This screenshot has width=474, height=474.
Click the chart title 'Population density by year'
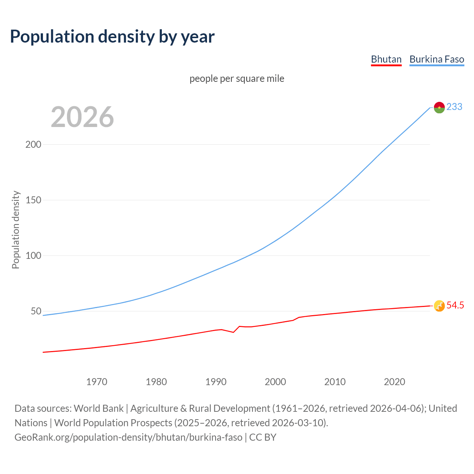[x=112, y=37]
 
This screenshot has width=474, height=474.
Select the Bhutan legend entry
[x=386, y=59]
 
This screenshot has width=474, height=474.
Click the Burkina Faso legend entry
[x=437, y=59]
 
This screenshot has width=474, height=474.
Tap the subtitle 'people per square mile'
[x=237, y=79]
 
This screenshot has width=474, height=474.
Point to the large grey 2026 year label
[x=82, y=117]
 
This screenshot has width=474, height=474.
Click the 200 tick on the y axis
[x=33, y=144]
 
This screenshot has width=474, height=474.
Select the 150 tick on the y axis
[x=33, y=200]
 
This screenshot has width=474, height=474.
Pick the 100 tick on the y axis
[x=33, y=256]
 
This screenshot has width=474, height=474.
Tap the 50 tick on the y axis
[x=36, y=311]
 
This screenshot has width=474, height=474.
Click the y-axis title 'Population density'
[x=16, y=230]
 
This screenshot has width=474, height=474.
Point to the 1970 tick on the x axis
[x=97, y=382]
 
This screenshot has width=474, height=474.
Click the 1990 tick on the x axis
[x=216, y=382]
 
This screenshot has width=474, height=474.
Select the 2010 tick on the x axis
[x=335, y=382]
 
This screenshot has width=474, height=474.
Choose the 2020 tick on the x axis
[x=394, y=382]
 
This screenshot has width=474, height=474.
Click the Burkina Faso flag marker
[x=439, y=107]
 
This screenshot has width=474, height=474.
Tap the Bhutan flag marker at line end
[x=439, y=306]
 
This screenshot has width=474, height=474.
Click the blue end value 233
[x=454, y=107]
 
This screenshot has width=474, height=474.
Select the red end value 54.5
[x=455, y=305]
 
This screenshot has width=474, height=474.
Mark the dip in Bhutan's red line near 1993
[x=233, y=332]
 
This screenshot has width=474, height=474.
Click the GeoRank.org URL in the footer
[x=128, y=437]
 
